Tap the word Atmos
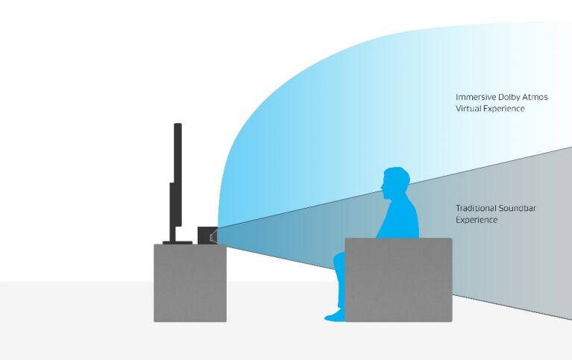(x=535, y=98)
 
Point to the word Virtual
(x=468, y=109)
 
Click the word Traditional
(x=476, y=208)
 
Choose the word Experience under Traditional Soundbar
(x=477, y=220)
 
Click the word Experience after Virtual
(x=503, y=109)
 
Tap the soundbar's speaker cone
(x=214, y=237)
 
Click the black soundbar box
(x=206, y=236)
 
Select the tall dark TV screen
(x=177, y=174)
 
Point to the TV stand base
(x=177, y=242)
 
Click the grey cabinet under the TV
(x=190, y=282)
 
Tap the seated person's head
(x=395, y=183)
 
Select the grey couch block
(x=398, y=280)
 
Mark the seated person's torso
(x=399, y=219)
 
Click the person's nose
(x=382, y=187)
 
